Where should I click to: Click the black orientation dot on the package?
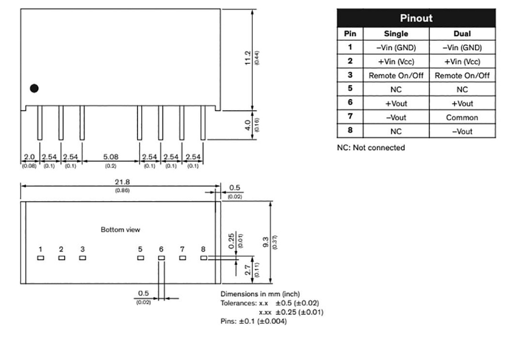34,88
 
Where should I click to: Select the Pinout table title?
416,19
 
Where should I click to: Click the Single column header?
396,34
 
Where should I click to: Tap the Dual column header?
462,34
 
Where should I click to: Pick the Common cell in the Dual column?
462,117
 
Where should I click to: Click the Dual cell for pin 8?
462,131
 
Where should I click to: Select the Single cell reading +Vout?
396,103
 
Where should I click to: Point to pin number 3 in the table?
350,75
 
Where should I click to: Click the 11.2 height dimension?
248,57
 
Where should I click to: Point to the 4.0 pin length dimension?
248,124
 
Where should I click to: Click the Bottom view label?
121,229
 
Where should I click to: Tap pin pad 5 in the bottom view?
141,258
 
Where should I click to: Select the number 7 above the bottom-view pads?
182,249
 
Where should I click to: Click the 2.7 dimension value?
248,271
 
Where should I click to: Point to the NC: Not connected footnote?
371,148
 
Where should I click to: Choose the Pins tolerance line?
253,321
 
